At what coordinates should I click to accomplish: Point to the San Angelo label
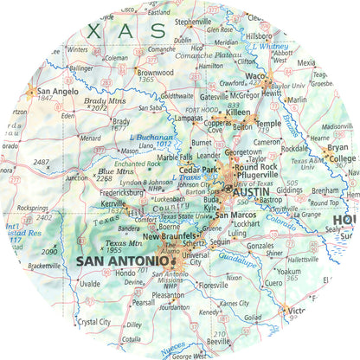(x=49, y=91)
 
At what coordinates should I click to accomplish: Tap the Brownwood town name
(x=155, y=73)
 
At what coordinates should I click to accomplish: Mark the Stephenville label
(x=193, y=22)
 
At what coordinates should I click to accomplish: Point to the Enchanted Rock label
(x=137, y=164)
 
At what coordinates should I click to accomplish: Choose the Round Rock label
(x=257, y=166)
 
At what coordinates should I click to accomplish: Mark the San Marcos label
(x=235, y=215)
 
